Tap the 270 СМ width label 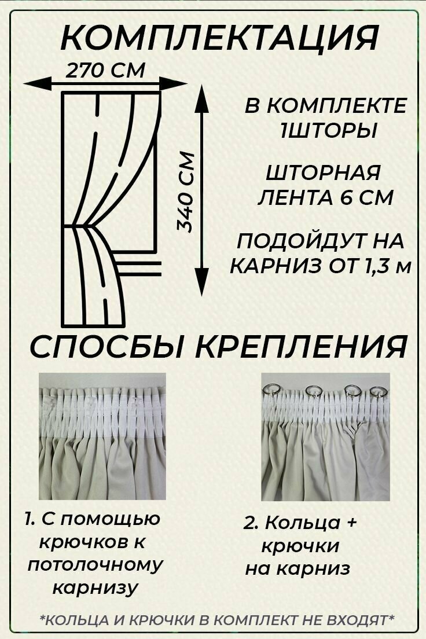tap(105, 71)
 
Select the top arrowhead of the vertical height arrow tap(201, 98)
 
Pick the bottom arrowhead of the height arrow tap(201, 284)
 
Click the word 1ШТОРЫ tap(328, 131)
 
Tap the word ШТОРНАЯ tap(323, 173)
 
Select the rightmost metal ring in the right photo tap(377, 391)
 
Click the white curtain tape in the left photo tap(101, 411)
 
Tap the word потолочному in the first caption tap(96, 565)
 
